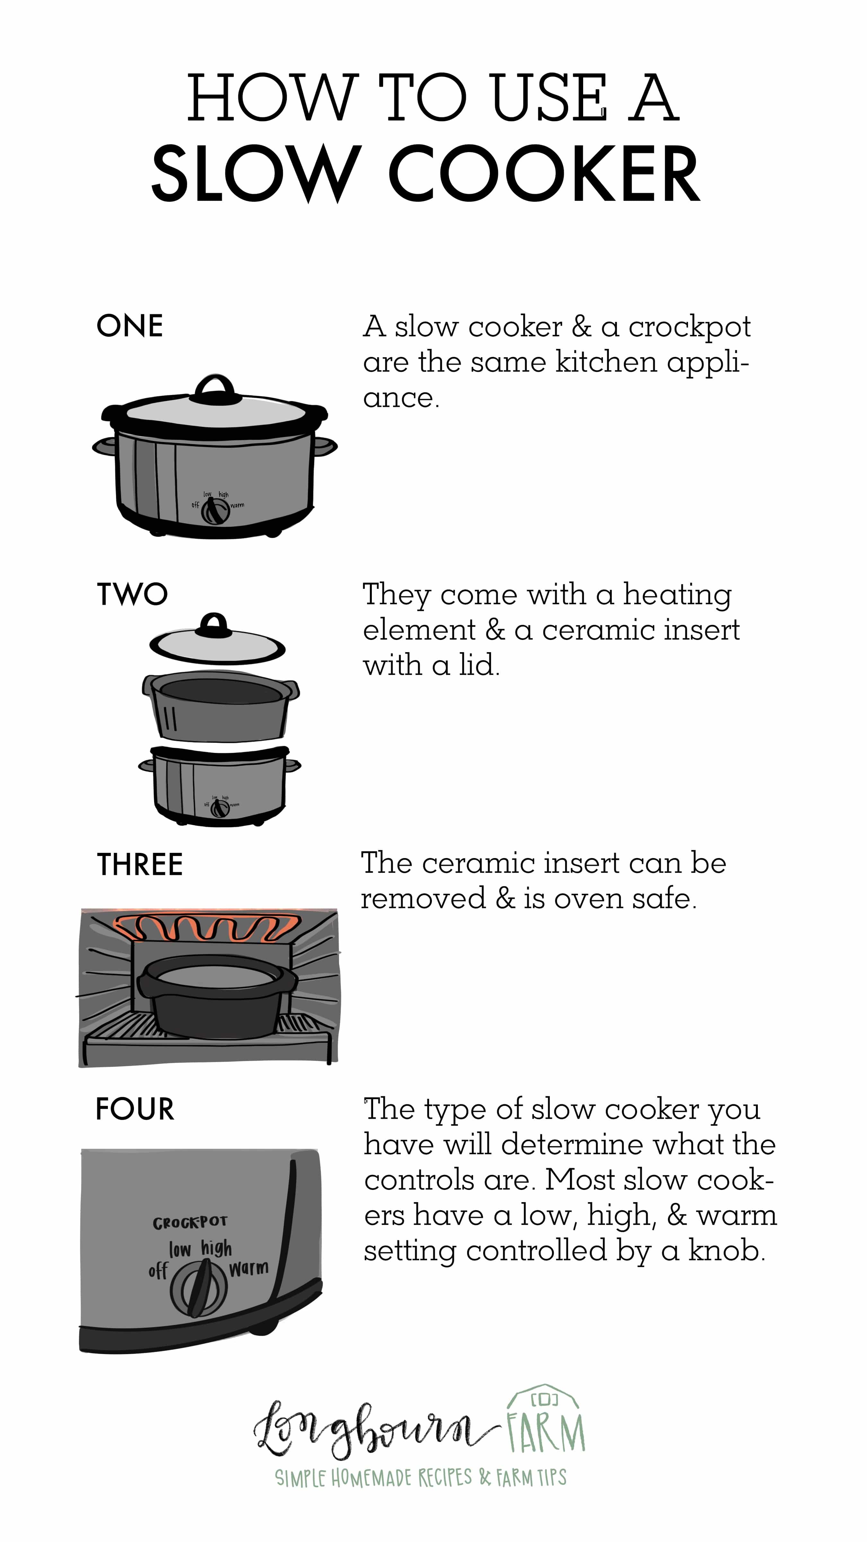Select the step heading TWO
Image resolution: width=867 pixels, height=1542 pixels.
click(x=132, y=594)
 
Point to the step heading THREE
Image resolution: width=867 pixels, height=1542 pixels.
click(x=139, y=864)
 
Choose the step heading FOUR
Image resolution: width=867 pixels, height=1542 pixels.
click(x=135, y=1109)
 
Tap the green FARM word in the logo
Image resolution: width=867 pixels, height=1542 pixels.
click(x=545, y=1434)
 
